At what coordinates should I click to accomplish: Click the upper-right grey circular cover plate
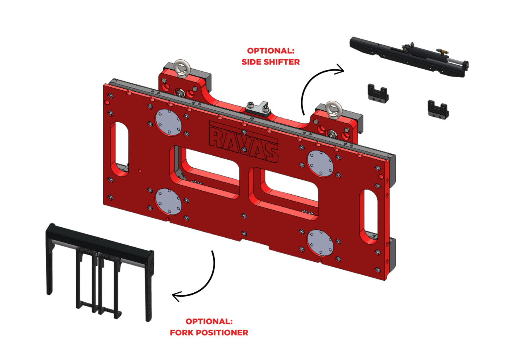pos(320,163)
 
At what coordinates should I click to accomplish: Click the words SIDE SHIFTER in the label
pos(271,62)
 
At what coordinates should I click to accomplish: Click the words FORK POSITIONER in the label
pos(209,332)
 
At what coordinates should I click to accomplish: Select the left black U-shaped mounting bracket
pos(378,92)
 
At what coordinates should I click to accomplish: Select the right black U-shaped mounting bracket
pos(438,108)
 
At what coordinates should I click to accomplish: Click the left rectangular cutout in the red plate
pos(207,169)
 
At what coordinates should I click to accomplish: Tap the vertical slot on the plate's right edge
pos(368,215)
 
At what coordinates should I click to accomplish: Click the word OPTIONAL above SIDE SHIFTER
pos(271,51)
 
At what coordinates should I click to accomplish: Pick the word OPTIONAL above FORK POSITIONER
pos(209,321)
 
